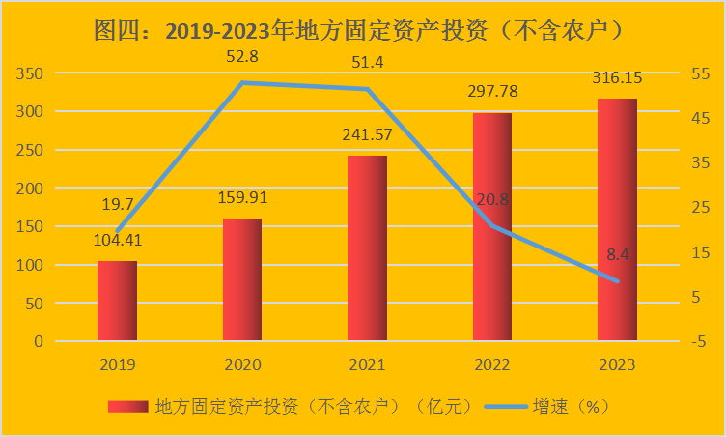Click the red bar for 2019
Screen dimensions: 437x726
117,301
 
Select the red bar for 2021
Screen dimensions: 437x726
367,248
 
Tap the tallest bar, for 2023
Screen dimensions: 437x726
617,219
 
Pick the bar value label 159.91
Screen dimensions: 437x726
242,198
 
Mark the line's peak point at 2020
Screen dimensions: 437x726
242,83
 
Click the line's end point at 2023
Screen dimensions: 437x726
617,281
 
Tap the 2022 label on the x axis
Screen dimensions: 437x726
491,365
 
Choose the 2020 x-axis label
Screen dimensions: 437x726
242,365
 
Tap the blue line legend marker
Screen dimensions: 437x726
502,407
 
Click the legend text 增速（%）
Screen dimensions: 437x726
573,407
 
